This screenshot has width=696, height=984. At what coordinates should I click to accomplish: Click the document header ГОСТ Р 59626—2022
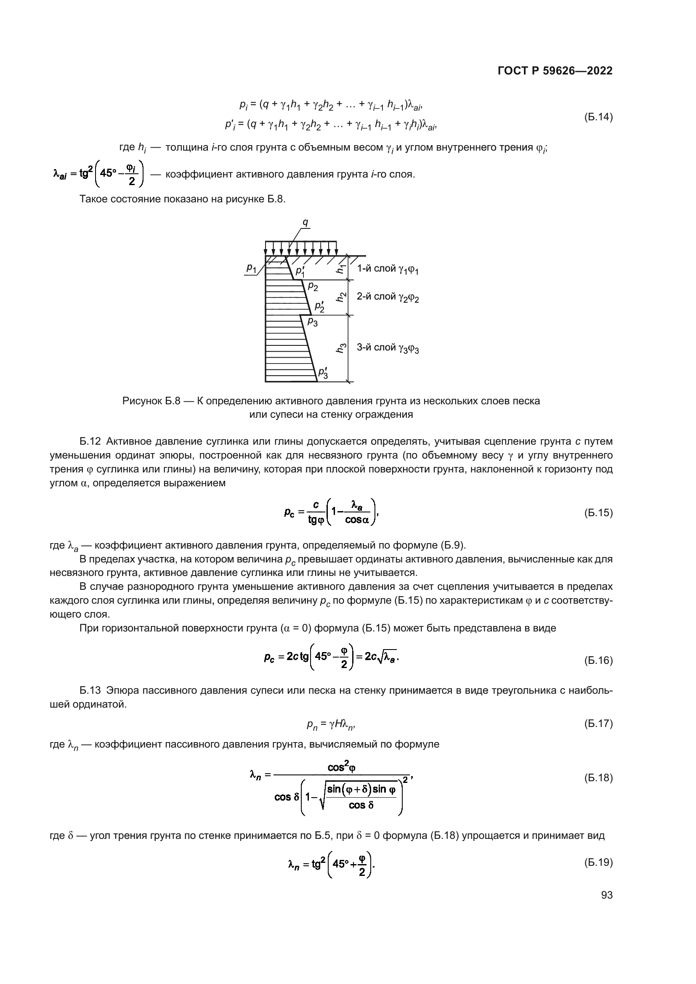point(555,71)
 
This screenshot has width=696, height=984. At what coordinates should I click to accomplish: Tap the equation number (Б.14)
point(598,117)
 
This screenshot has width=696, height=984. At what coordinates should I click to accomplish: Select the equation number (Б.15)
point(598,512)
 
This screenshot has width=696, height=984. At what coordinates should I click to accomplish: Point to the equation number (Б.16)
point(598,660)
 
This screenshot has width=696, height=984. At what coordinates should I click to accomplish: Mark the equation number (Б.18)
point(598,777)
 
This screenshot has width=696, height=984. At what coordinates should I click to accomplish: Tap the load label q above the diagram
point(305,223)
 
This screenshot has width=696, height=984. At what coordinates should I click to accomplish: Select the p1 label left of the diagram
point(251,268)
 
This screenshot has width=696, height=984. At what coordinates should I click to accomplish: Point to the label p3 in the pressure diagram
point(312,322)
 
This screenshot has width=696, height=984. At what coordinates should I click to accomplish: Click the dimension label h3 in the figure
point(341,348)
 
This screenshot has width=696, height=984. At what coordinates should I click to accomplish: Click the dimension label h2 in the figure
point(341,297)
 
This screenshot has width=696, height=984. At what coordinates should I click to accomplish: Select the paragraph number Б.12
point(90,441)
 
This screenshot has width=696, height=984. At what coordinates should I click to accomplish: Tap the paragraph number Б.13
point(90,690)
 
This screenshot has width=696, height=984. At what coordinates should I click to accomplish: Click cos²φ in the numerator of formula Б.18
point(342,768)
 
